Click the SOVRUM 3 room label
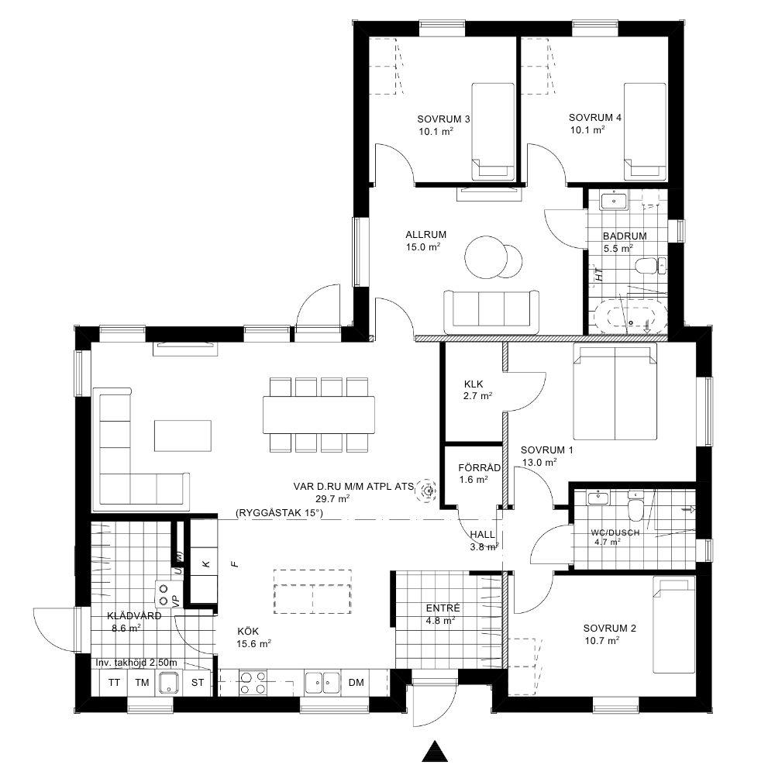[443, 119]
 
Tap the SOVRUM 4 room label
[595, 118]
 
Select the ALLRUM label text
[426, 235]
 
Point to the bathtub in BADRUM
[631, 315]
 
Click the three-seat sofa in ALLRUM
[492, 312]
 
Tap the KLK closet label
[474, 384]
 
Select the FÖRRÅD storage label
[479, 467]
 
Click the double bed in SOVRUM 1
[615, 392]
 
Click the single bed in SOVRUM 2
[674, 625]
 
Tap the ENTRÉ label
[443, 608]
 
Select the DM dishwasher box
[356, 683]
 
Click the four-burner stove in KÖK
[253, 683]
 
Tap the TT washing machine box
[114, 683]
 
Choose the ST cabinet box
[197, 683]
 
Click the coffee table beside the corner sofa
[182, 436]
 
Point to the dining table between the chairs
[319, 415]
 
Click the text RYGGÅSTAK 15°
[280, 513]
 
